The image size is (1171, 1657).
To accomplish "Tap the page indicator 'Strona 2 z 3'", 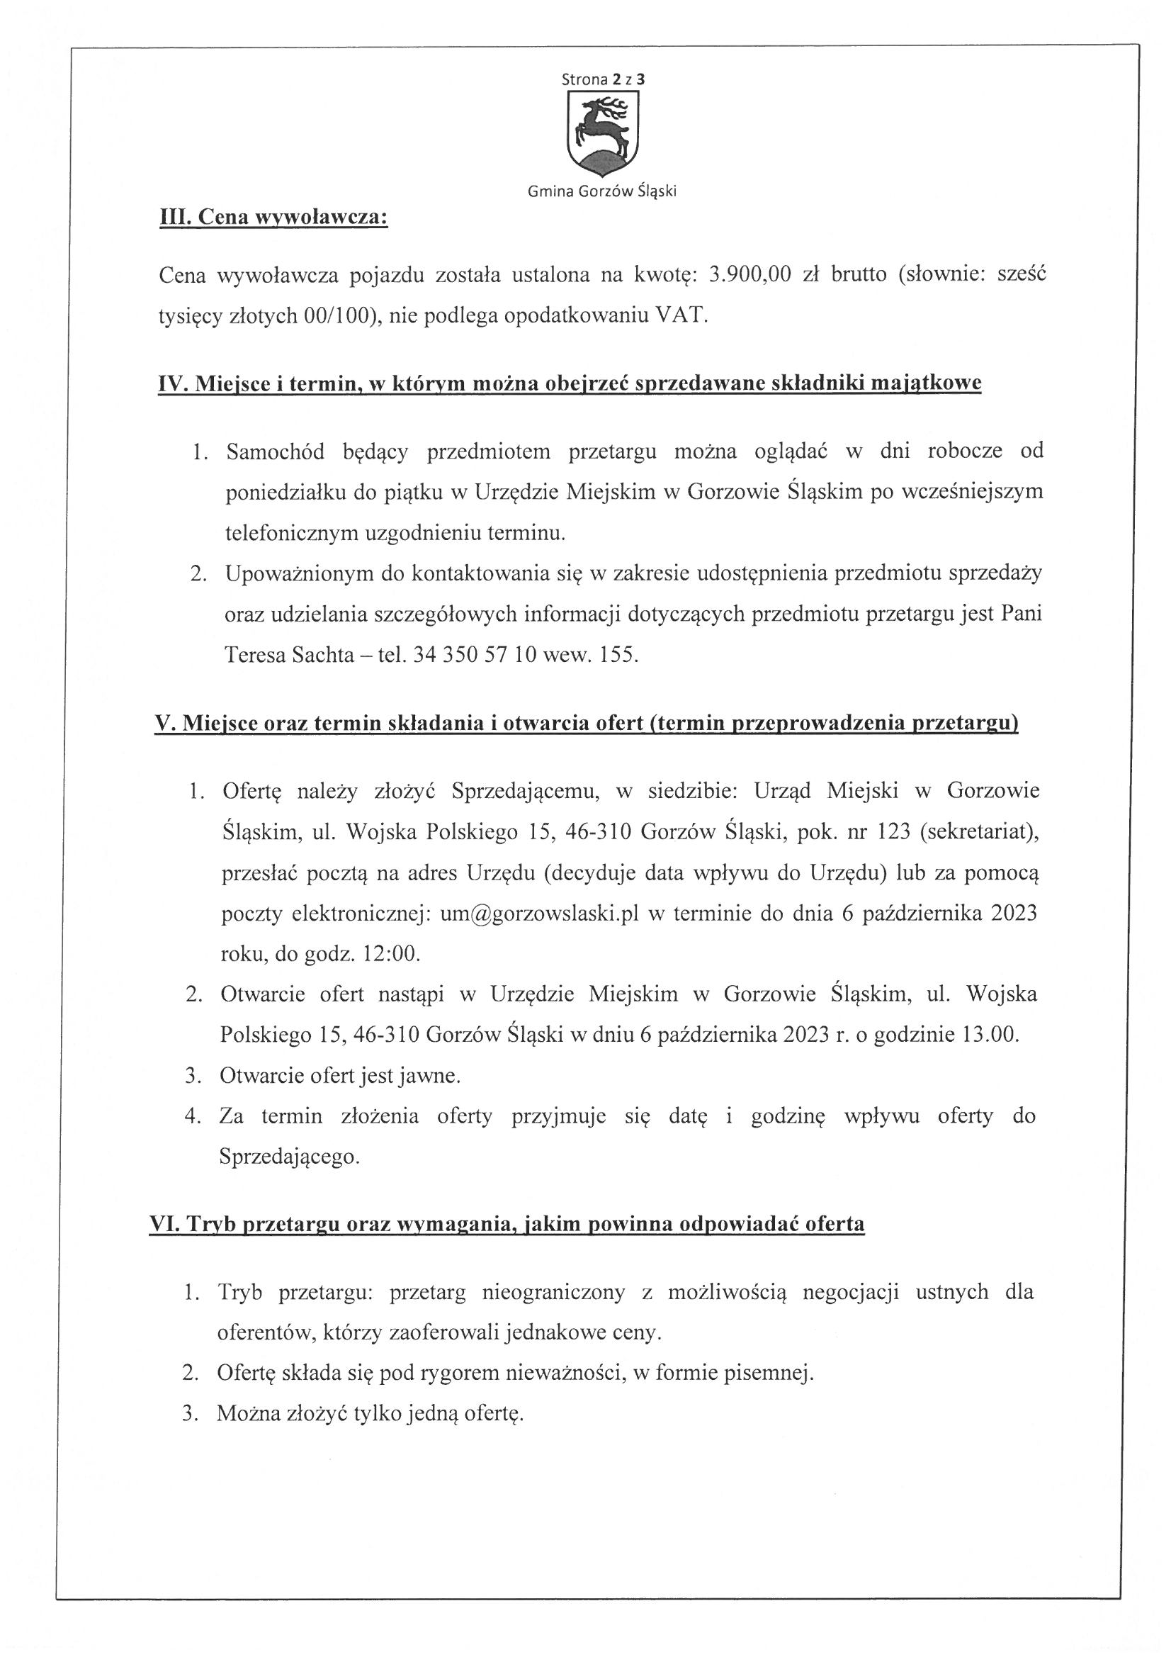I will pos(603,80).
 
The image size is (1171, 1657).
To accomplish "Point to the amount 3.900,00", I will pos(750,275).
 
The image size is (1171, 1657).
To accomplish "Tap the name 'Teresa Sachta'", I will pos(290,655).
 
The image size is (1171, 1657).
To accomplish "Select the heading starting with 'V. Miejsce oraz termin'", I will pos(586,723).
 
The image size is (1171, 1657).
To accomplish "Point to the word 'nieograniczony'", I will pos(553,1292).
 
